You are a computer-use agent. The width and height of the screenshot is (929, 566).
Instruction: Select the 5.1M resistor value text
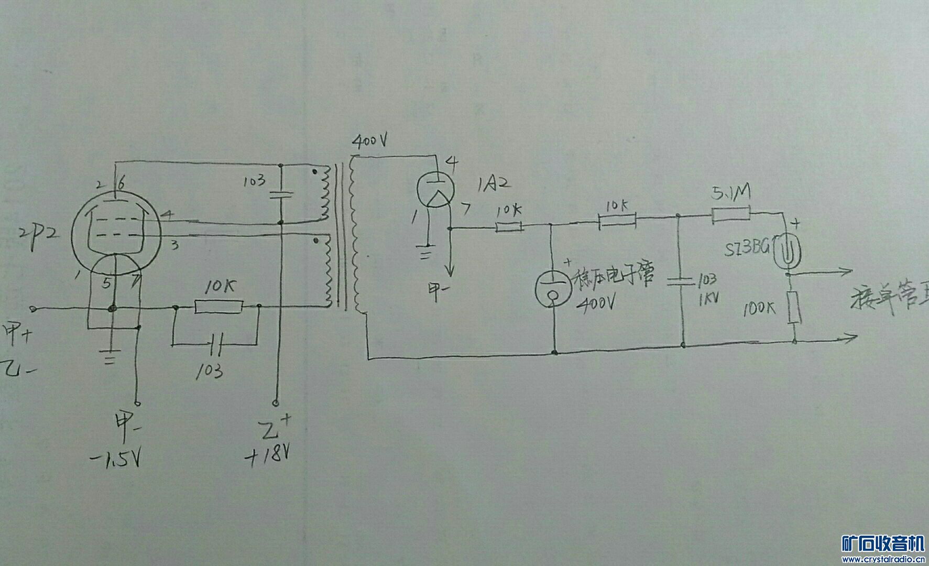click(x=731, y=193)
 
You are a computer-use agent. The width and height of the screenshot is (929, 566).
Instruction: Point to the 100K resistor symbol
click(x=795, y=308)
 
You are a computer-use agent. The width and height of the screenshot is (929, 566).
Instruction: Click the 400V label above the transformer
click(x=370, y=141)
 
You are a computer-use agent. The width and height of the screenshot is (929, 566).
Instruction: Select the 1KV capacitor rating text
click(x=707, y=299)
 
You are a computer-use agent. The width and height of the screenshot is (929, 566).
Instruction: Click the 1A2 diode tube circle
click(x=434, y=189)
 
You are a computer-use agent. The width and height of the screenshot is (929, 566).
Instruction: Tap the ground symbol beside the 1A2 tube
click(x=427, y=253)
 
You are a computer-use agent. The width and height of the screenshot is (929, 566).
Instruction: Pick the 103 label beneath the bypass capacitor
click(x=210, y=372)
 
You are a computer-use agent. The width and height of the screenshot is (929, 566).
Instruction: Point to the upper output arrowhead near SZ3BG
click(x=845, y=271)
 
